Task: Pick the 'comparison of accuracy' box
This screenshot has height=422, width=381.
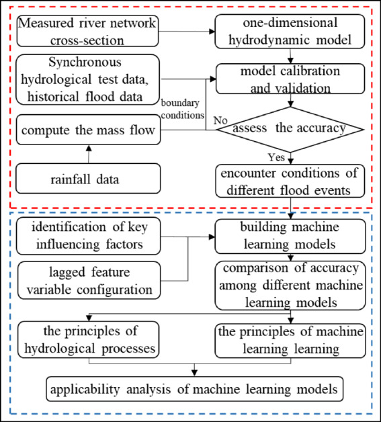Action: [291, 284]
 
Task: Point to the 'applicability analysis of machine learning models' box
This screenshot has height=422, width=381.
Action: [194, 388]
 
